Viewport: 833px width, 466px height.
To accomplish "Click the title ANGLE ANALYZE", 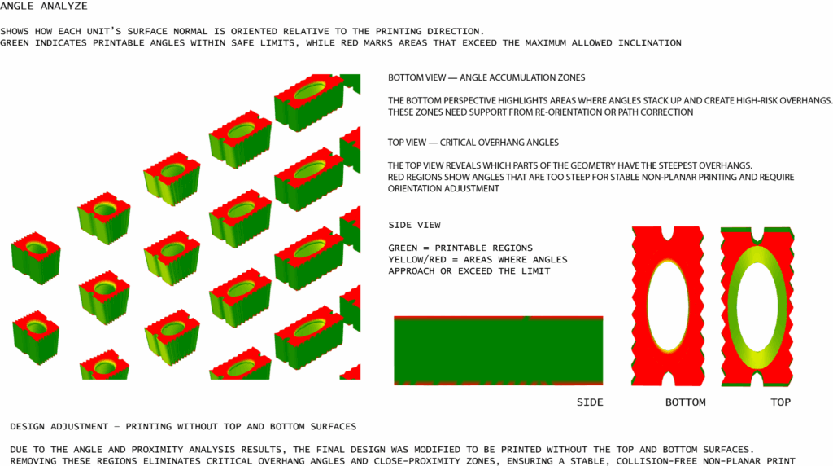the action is click(44, 7).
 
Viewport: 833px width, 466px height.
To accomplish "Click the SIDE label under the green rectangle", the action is click(590, 402).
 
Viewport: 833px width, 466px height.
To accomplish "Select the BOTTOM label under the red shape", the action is click(685, 402).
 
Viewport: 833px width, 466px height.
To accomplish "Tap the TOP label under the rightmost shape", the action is click(780, 402).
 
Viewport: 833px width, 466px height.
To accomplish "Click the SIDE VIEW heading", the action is click(414, 225).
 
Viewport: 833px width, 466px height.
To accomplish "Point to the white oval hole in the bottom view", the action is click(668, 306).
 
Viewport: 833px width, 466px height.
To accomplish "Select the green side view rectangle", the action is click(499, 350).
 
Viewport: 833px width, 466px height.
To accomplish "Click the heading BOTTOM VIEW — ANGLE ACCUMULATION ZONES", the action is click(486, 77).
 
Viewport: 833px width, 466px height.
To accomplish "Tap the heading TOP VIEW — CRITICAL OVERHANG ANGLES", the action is click(473, 143).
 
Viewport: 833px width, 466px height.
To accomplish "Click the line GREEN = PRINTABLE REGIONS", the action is click(460, 248).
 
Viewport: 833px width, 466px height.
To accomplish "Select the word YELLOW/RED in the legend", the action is click(417, 260).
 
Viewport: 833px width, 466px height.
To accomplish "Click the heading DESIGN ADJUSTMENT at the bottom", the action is click(59, 427).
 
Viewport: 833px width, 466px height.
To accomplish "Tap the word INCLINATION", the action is click(649, 43).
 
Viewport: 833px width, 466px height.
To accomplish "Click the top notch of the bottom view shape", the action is click(668, 233).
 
